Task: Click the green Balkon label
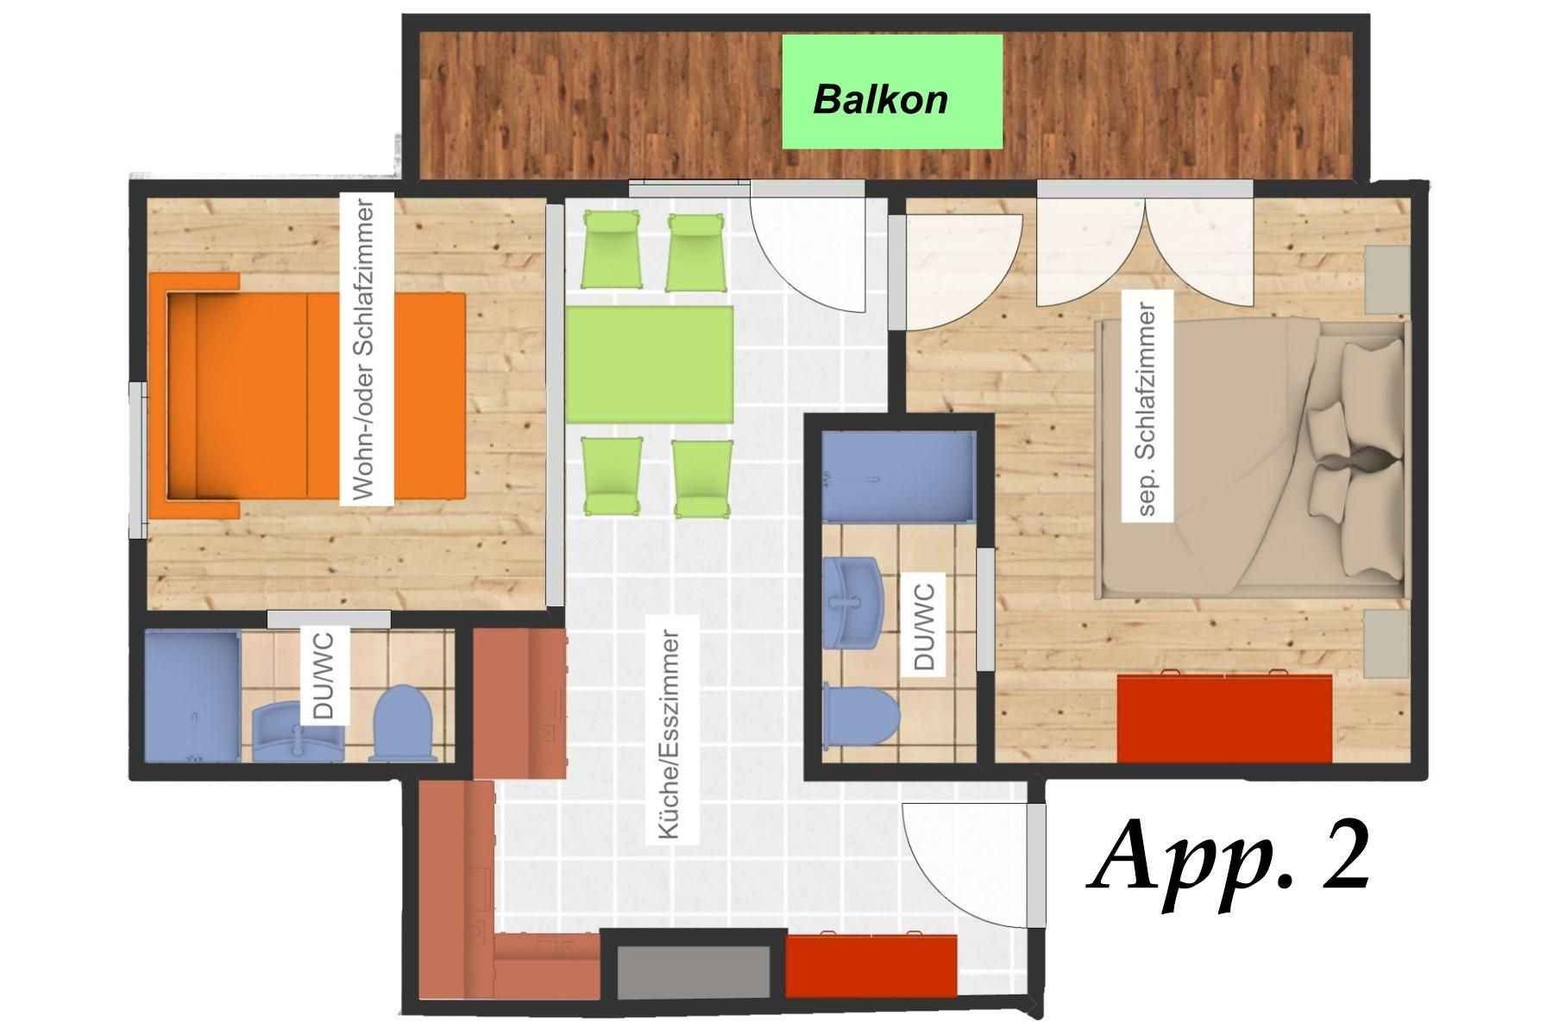[892, 91]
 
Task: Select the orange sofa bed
[307, 396]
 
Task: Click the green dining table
[650, 364]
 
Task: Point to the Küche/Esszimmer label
[670, 734]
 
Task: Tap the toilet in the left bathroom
[402, 724]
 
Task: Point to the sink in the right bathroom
[852, 602]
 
